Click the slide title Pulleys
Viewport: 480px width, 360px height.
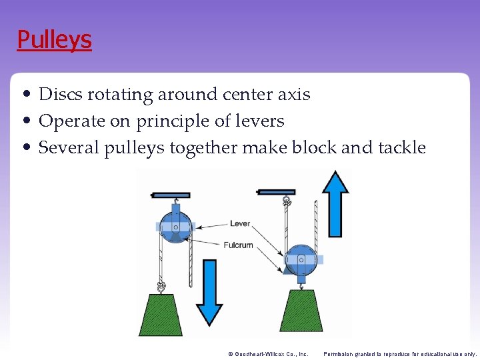(54, 39)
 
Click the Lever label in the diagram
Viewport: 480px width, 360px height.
(239, 223)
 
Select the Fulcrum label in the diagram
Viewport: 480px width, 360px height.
(238, 245)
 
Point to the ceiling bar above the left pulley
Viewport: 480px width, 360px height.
(171, 195)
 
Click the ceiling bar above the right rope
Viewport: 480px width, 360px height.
(276, 192)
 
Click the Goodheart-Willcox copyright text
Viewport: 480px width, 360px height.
(267, 354)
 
